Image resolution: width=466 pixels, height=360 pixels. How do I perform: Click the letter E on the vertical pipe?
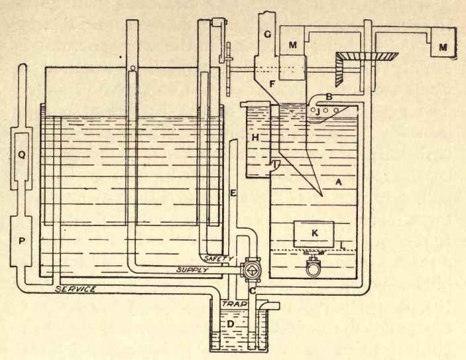pos(232,194)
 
